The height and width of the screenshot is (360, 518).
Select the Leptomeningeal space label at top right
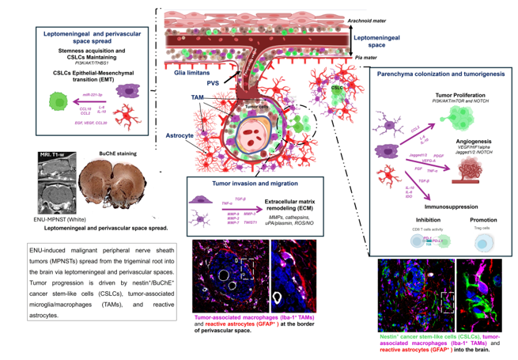click(x=379, y=42)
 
